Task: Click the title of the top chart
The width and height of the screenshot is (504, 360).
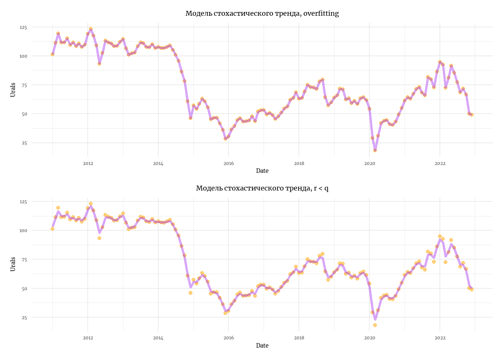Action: click(262, 13)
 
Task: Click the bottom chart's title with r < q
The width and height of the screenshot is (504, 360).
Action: click(262, 188)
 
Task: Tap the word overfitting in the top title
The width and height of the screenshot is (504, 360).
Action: click(321, 13)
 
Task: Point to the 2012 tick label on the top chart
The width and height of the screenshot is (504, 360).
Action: click(88, 163)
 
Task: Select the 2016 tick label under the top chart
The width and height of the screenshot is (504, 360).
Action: click(228, 163)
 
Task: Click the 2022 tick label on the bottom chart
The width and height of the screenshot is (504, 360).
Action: click(440, 338)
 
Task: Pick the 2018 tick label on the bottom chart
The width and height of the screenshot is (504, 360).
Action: click(299, 338)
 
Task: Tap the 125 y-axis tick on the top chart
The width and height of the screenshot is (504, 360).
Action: click(23, 27)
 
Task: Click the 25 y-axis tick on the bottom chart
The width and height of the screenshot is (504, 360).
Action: click(24, 318)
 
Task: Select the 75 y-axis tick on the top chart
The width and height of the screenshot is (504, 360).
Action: click(24, 85)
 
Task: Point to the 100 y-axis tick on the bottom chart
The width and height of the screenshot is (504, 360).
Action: click(23, 230)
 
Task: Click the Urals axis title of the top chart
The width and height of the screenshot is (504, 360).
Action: click(13, 90)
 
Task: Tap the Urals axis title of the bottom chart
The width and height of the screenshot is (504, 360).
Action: click(13, 264)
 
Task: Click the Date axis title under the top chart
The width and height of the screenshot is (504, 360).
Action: click(262, 171)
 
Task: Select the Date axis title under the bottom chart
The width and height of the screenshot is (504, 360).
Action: click(262, 345)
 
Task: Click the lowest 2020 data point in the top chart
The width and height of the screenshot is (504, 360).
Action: click(375, 150)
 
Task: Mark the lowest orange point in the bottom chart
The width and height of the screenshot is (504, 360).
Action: click(375, 325)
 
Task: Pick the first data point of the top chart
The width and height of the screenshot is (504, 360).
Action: click(52, 54)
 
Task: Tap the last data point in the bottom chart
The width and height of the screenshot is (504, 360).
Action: click(472, 289)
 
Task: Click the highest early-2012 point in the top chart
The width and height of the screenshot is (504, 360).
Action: click(91, 29)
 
